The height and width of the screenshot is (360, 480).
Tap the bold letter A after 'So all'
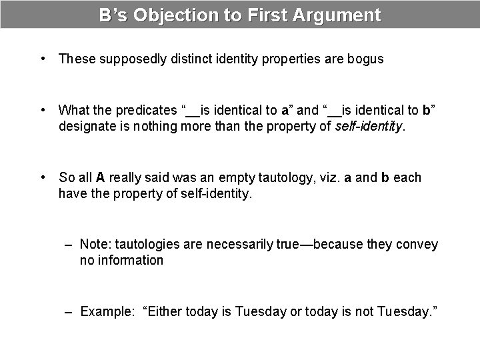101,178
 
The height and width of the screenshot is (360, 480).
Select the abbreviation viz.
327,178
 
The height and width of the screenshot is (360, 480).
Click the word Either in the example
165,312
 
